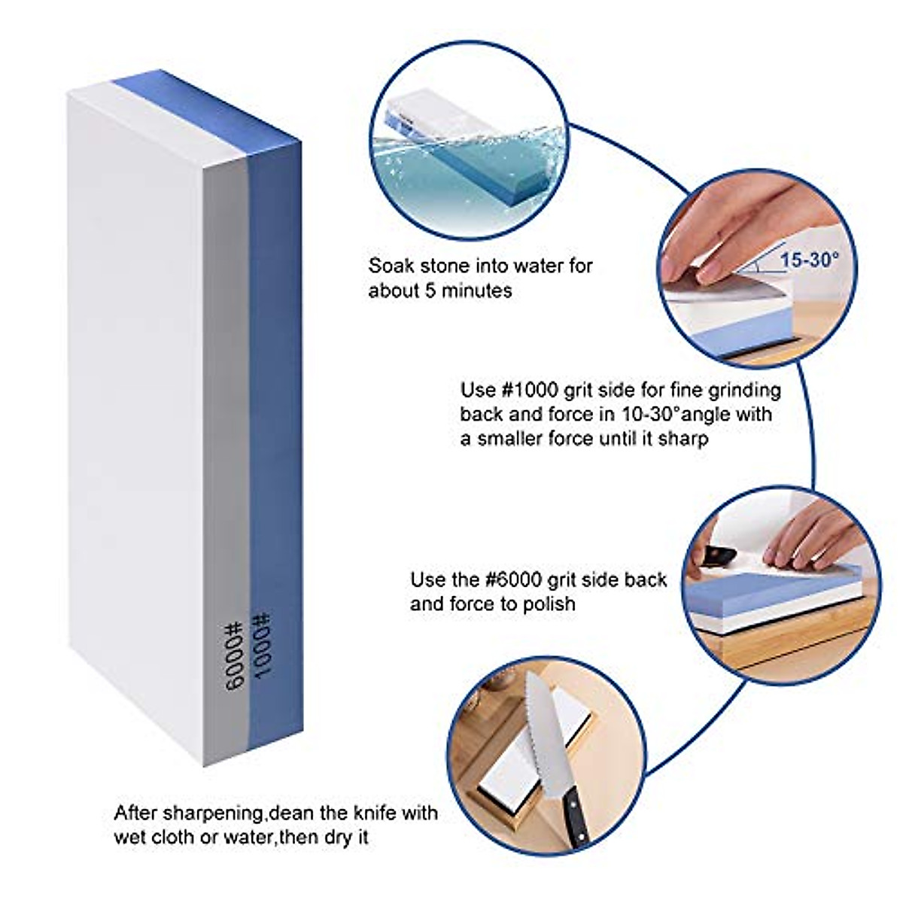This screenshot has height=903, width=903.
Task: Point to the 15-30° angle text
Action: tap(809, 261)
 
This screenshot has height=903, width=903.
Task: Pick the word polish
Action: tap(547, 604)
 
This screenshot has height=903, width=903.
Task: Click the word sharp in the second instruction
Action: tap(683, 438)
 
